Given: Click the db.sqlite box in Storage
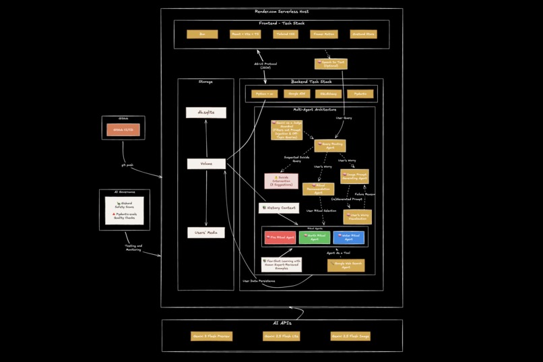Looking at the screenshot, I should point(206,113).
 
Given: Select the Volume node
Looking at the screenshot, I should point(206,164).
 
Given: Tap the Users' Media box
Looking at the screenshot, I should point(206,233).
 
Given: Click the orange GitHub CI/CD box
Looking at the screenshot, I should point(123,129).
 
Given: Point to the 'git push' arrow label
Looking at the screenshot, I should point(127,164).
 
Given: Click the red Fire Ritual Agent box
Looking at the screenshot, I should point(280,237).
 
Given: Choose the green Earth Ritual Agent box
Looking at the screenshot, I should point(315,237).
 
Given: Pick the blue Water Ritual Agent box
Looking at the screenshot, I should point(348,237).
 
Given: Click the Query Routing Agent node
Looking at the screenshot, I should point(329,146).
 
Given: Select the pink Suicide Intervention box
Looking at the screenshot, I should point(281,181).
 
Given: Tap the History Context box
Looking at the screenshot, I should point(279,208).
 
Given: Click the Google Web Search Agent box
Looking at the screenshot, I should point(346,265).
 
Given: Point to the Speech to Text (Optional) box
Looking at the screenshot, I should point(331,64).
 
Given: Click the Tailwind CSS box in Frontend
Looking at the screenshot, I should point(286,34).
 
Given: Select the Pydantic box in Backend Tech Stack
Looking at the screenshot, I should point(360,94).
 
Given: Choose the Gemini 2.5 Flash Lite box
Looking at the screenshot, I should point(281,336).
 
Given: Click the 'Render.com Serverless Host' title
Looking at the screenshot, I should point(282,11).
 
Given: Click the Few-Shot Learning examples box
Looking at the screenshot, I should point(282,264).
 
